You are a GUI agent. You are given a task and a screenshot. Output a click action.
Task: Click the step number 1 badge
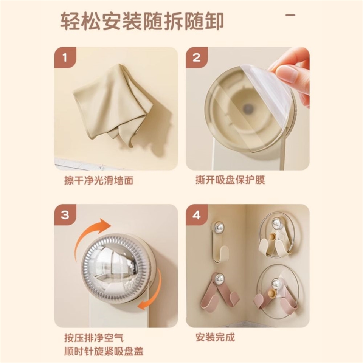[x=65, y=57]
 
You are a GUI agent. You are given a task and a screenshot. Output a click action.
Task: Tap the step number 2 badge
[x=197, y=57]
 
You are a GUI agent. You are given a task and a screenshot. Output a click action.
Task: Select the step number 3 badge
[x=65, y=215]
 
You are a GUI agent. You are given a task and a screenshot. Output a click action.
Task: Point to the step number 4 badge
[x=197, y=215]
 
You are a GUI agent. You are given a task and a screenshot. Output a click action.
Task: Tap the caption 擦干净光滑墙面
[x=99, y=180]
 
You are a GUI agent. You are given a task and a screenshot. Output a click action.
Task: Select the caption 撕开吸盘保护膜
[x=230, y=180]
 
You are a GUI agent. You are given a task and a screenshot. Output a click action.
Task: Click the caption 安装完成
[x=215, y=337]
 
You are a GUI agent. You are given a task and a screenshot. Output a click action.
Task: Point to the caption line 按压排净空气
[x=94, y=338]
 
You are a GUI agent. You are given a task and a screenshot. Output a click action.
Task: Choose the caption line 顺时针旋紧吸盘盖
[x=104, y=351]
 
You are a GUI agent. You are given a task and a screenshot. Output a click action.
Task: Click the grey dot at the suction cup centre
[x=248, y=108]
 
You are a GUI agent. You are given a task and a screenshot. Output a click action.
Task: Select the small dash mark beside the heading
[x=290, y=15]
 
